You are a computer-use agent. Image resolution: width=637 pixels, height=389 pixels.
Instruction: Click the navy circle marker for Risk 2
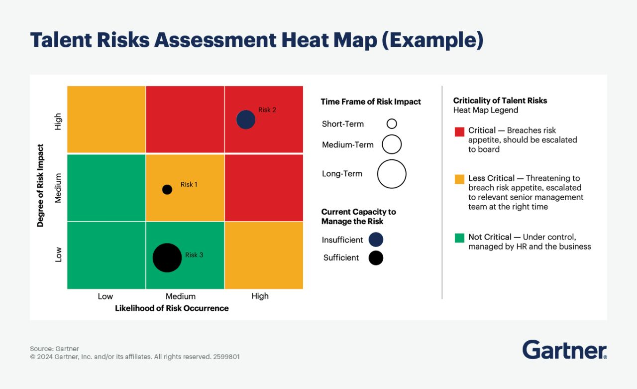[x=246, y=120]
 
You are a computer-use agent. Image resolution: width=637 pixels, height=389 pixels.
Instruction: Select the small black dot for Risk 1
[x=167, y=189]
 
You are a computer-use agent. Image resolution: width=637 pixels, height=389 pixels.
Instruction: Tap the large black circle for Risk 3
[x=167, y=258]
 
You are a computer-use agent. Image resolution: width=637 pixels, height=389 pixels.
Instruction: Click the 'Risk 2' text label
[x=267, y=110]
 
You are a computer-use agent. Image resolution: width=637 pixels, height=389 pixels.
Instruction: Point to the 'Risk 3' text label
[x=194, y=255]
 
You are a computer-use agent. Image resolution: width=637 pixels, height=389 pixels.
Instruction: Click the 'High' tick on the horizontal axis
[x=260, y=296]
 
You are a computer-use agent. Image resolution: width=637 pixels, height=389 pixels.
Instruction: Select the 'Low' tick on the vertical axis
[x=59, y=255]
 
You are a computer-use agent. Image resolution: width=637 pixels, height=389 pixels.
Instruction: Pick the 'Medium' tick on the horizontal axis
[x=181, y=296]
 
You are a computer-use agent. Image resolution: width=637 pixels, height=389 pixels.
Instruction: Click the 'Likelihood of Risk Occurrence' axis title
[x=172, y=308]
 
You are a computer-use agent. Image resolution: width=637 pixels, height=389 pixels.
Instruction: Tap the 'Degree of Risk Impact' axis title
[x=41, y=186]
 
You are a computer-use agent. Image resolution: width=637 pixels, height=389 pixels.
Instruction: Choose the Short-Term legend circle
[x=392, y=124]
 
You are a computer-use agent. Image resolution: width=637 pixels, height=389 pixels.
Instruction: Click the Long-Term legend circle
[x=392, y=174]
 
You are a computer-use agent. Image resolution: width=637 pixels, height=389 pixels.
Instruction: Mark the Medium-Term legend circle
[x=392, y=144]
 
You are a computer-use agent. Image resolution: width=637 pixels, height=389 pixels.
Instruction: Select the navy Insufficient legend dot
[x=376, y=240]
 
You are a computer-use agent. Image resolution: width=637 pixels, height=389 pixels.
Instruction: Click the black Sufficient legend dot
[x=376, y=258]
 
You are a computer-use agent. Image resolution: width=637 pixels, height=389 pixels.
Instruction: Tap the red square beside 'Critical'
[x=459, y=131]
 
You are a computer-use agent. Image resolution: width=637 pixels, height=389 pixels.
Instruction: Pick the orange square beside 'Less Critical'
[x=459, y=179]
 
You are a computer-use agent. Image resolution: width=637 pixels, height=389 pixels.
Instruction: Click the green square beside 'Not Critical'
[x=459, y=238]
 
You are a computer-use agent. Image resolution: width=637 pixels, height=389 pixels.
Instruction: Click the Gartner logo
[x=564, y=350]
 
